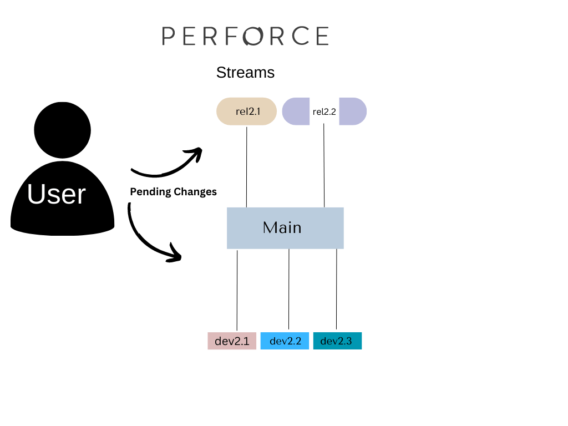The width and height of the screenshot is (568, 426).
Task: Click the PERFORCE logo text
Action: tap(245, 36)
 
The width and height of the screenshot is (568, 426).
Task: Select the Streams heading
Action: tap(245, 73)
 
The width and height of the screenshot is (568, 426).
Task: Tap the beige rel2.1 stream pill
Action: tap(246, 111)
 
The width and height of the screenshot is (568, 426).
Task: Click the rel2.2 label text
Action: tap(324, 111)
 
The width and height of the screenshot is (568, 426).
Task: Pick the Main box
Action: tap(285, 227)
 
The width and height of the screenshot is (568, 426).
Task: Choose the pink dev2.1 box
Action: tap(232, 341)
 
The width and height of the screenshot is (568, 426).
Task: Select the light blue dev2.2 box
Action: tap(285, 341)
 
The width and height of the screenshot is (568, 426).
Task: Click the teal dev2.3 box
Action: tap(337, 341)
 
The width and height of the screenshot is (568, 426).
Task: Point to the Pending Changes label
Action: tap(173, 192)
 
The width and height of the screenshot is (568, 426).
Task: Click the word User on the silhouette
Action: tap(56, 194)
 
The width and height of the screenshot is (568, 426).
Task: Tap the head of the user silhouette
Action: tap(62, 129)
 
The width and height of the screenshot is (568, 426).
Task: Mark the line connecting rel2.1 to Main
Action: tap(246, 166)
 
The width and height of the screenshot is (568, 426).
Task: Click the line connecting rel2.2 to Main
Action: tap(324, 166)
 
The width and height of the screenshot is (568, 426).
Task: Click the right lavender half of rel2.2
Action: tap(353, 111)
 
